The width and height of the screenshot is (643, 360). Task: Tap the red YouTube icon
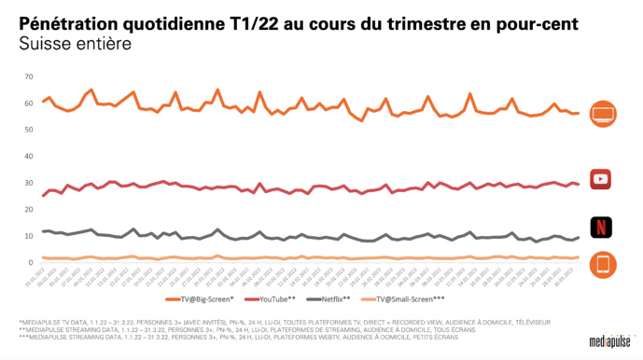click(603, 178)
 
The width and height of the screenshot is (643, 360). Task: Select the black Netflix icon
click(603, 227)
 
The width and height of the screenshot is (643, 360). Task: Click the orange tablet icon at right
click(603, 266)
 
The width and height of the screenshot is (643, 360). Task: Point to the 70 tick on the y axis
click(29, 76)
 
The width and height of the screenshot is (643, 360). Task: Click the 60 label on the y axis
click(29, 104)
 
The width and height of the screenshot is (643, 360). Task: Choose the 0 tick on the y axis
click(31, 262)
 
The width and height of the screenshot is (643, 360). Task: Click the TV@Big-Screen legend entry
click(203, 299)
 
